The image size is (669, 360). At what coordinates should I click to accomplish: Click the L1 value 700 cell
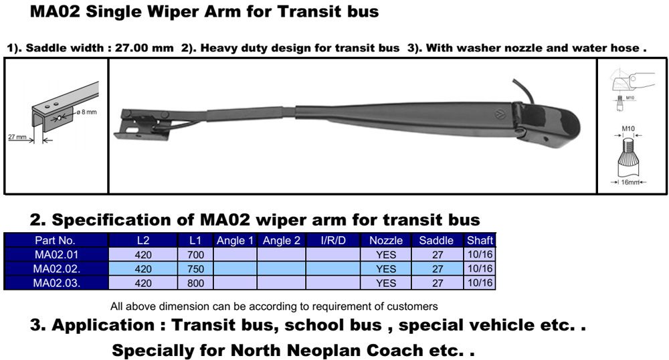click(195, 255)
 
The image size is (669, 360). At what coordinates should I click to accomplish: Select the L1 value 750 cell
click(195, 269)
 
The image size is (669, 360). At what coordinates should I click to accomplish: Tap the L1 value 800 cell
click(195, 283)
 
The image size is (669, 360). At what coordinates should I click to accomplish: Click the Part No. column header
click(55, 240)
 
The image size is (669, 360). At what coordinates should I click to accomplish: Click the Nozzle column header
click(386, 240)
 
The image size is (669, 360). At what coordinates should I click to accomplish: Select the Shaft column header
click(480, 240)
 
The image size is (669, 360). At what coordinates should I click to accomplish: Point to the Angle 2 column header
click(281, 240)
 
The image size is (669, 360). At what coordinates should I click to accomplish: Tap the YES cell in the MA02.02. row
click(386, 269)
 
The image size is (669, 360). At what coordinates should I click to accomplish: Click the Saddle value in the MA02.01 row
click(438, 255)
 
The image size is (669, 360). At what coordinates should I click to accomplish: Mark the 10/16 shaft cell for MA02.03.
click(480, 283)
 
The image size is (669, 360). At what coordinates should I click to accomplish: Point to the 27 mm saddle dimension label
click(17, 137)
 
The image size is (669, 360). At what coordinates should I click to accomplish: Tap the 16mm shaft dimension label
click(630, 182)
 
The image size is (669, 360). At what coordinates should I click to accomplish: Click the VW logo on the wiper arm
click(500, 114)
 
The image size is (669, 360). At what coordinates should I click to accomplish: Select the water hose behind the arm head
click(523, 89)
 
